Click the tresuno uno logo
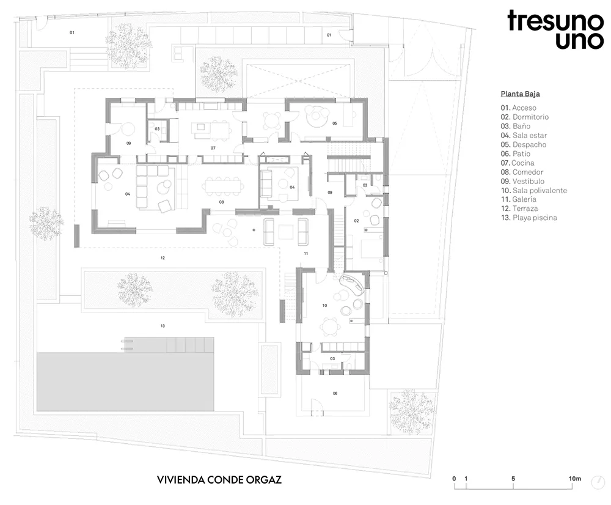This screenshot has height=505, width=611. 555,30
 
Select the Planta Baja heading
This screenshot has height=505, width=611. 520,94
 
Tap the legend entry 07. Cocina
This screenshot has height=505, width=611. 518,163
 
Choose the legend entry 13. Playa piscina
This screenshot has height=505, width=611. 529,218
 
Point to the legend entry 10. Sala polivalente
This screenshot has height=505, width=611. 534,190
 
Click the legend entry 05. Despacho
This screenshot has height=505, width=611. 524,145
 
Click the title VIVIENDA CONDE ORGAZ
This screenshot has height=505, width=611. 219,480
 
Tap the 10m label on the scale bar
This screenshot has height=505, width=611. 575,479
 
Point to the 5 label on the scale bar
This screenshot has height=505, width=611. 513,479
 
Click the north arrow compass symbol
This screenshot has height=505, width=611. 598,482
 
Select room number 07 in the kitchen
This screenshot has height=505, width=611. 213,148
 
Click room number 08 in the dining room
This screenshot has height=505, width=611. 221,202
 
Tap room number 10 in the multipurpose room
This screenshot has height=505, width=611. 324,306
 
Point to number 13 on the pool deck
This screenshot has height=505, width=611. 163,326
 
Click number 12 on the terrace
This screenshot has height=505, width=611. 163,258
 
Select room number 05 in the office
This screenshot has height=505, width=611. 335,123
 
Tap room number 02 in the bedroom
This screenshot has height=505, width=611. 356,221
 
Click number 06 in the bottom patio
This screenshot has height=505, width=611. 335,394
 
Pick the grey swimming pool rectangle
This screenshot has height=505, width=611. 125,382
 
